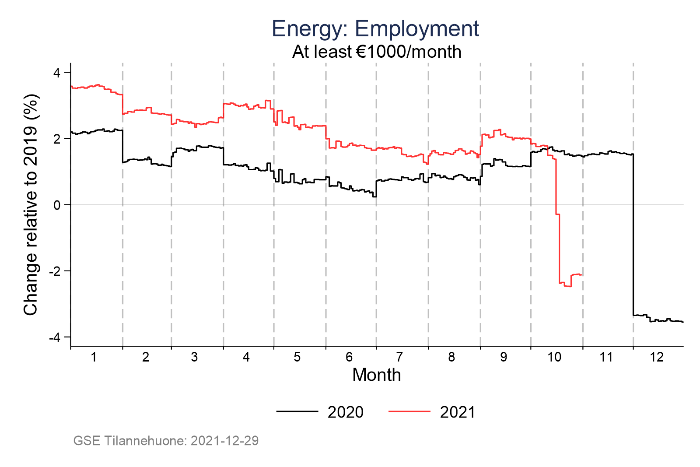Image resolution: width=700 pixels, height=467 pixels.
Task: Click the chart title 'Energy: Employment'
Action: [375, 29]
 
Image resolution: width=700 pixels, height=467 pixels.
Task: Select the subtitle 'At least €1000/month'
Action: [377, 52]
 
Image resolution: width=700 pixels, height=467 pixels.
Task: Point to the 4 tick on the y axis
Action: [57, 73]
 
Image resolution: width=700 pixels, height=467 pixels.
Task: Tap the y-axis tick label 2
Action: [57, 139]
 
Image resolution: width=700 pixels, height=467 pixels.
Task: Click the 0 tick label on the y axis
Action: [57, 205]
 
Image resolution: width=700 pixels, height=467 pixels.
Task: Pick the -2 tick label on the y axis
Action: [55, 271]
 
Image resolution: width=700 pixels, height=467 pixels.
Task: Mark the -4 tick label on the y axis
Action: [55, 337]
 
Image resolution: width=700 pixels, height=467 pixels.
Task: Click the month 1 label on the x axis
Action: [94, 357]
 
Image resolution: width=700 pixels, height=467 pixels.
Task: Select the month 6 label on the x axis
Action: [349, 357]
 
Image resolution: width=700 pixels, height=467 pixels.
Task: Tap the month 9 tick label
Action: [504, 357]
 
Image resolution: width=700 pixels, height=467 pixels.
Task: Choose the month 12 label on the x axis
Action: [657, 357]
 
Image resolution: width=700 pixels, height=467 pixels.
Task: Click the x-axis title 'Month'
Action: [377, 375]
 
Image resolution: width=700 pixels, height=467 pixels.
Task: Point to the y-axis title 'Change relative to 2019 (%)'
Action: [31, 204]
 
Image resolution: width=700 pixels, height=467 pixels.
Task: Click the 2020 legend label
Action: [345, 412]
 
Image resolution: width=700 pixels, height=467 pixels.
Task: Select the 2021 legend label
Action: [458, 412]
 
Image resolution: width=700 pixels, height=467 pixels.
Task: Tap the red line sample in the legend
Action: [409, 411]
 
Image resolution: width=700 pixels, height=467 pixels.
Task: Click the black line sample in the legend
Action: [297, 411]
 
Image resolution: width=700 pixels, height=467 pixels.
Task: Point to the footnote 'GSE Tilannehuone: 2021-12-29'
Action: [166, 440]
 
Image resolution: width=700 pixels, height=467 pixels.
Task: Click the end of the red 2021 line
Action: [581, 275]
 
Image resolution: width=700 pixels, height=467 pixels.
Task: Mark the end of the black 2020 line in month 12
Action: [682, 322]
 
